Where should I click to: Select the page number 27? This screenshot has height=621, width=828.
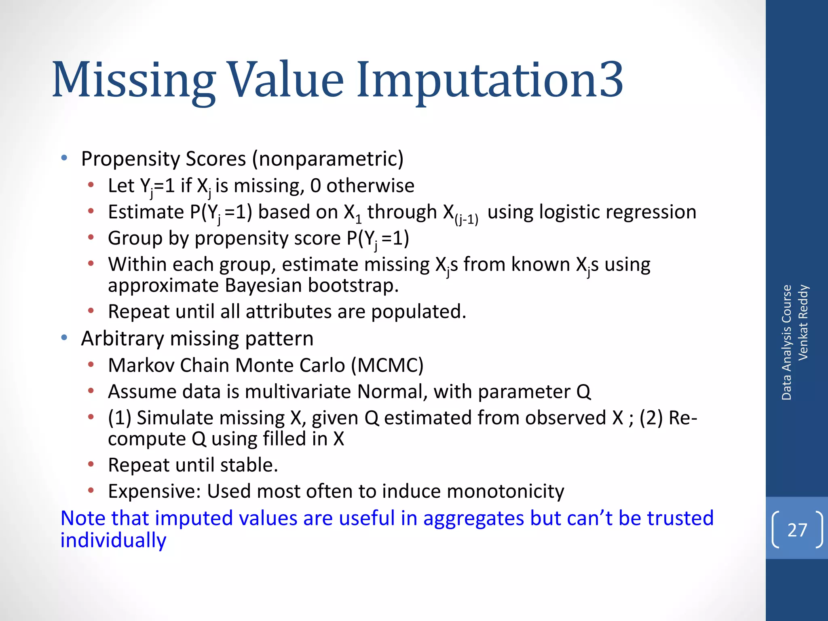point(797,530)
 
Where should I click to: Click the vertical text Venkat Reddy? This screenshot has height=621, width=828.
point(803,322)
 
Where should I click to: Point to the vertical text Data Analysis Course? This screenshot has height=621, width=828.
point(786,342)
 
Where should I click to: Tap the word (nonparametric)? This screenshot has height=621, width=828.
point(328,159)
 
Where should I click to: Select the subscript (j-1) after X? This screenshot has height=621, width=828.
point(466,220)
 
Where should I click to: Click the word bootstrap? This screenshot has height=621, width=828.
point(353,285)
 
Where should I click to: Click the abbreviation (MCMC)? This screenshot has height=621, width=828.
point(387,365)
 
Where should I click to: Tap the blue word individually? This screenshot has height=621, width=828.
point(113,541)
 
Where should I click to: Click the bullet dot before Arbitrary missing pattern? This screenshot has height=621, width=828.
point(64,338)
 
